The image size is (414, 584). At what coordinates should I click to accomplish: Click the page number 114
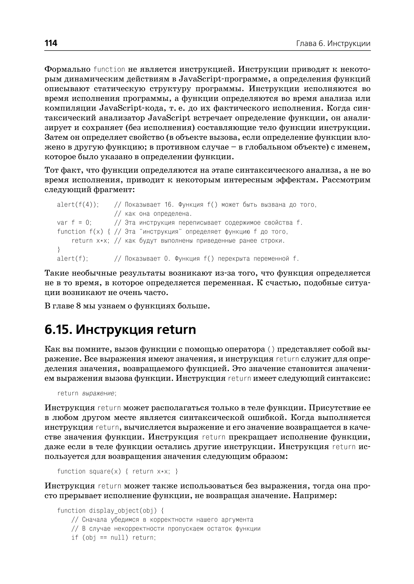point(51,43)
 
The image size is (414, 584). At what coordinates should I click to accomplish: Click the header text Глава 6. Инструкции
point(333,44)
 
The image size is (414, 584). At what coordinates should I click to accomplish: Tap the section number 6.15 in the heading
point(58,330)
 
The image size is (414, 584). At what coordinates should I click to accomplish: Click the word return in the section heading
point(176,330)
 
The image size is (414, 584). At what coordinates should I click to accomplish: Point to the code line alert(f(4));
point(78,205)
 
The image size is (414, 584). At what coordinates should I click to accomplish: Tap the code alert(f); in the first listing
point(73,259)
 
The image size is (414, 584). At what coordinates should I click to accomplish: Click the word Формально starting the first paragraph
point(68,69)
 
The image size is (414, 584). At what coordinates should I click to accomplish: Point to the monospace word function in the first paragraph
point(109,69)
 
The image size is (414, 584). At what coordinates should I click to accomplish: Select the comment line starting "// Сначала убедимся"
point(162,520)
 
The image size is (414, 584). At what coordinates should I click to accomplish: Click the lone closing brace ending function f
point(59,250)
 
